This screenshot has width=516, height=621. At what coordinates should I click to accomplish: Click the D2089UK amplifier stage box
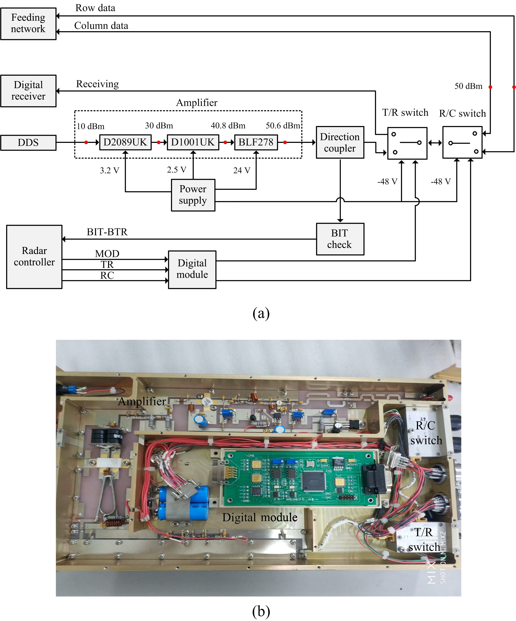click(x=125, y=142)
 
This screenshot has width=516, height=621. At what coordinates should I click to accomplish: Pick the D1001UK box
click(x=193, y=142)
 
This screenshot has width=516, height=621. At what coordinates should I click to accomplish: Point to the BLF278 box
click(x=256, y=142)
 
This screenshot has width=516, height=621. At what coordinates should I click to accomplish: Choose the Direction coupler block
click(x=340, y=142)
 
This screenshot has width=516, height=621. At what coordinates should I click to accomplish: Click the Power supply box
click(x=193, y=195)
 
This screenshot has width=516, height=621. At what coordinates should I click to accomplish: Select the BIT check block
click(x=340, y=239)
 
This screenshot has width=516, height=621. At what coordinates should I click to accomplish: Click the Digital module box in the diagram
click(x=192, y=269)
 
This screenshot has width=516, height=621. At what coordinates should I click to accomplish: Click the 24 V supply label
click(x=242, y=170)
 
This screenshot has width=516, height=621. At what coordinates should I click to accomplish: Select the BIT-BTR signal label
click(x=107, y=232)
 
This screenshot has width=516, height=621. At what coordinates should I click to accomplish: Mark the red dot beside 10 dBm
click(x=86, y=142)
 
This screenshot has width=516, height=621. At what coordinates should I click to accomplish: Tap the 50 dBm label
click(x=468, y=86)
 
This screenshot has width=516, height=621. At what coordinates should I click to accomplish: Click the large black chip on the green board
click(x=314, y=481)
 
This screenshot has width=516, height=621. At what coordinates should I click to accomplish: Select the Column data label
click(x=101, y=26)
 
